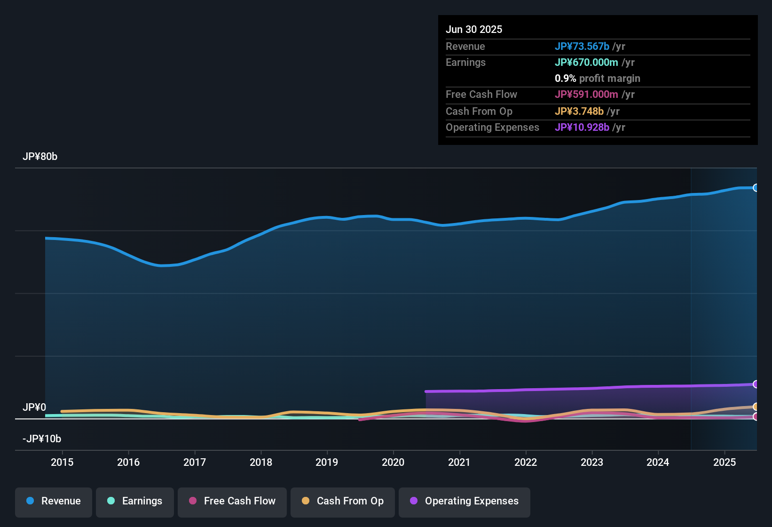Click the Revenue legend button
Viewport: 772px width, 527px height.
click(x=54, y=501)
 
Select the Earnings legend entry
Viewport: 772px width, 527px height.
click(x=135, y=501)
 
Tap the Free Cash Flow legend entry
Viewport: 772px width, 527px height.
click(x=232, y=501)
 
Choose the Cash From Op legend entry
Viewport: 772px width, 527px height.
click(x=343, y=501)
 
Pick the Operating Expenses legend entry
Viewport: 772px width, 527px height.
click(x=465, y=501)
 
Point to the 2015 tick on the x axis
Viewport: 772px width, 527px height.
click(x=62, y=462)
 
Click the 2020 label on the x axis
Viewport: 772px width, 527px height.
click(x=393, y=462)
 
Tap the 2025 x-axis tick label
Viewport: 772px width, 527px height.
click(x=725, y=462)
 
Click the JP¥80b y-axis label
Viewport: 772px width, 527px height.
click(x=40, y=157)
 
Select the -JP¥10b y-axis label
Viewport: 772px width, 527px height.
click(x=42, y=439)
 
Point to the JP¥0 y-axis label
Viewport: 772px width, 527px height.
click(x=34, y=407)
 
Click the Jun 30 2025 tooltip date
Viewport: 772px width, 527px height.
click(x=474, y=30)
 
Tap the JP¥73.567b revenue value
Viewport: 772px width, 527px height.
click(x=582, y=47)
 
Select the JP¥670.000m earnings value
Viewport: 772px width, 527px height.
click(x=586, y=63)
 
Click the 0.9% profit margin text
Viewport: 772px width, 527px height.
click(x=597, y=79)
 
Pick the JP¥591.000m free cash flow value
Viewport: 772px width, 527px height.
click(x=586, y=95)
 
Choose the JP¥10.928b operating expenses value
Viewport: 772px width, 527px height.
click(x=582, y=128)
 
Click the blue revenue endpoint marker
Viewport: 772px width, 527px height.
click(x=756, y=188)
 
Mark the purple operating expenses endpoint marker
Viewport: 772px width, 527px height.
click(x=756, y=384)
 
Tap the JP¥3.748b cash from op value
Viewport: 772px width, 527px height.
click(x=579, y=112)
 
